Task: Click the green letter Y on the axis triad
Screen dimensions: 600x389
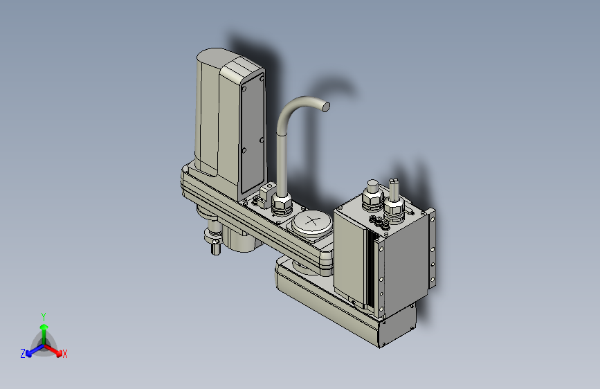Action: click(43, 316)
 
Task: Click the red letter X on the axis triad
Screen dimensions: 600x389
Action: click(64, 354)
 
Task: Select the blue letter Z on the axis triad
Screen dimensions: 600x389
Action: click(23, 354)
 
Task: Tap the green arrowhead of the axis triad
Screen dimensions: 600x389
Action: click(44, 327)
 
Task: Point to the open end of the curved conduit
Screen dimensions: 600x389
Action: click(326, 107)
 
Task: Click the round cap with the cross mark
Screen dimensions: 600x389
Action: click(312, 222)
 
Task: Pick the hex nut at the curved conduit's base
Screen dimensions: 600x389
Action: click(282, 202)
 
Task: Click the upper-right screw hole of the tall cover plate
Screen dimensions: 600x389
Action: click(262, 79)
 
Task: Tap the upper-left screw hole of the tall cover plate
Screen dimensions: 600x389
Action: click(244, 89)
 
